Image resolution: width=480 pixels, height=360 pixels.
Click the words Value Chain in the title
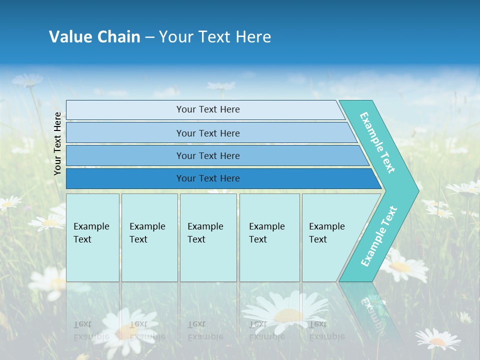[94, 37]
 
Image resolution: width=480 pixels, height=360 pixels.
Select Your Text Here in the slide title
[215, 37]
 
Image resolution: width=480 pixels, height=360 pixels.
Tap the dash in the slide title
[149, 37]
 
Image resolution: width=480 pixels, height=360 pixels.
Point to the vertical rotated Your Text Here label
[58, 143]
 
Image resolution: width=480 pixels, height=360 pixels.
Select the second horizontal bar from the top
[207, 133]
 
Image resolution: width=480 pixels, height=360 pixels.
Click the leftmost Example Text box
[92, 237]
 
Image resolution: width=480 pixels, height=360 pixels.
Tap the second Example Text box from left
[149, 237]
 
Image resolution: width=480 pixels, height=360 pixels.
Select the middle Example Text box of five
[208, 237]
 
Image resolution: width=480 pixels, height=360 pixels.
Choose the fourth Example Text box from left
[269, 237]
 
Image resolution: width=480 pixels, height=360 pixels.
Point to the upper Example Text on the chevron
[377, 142]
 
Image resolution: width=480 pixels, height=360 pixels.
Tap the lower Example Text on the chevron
[379, 236]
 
